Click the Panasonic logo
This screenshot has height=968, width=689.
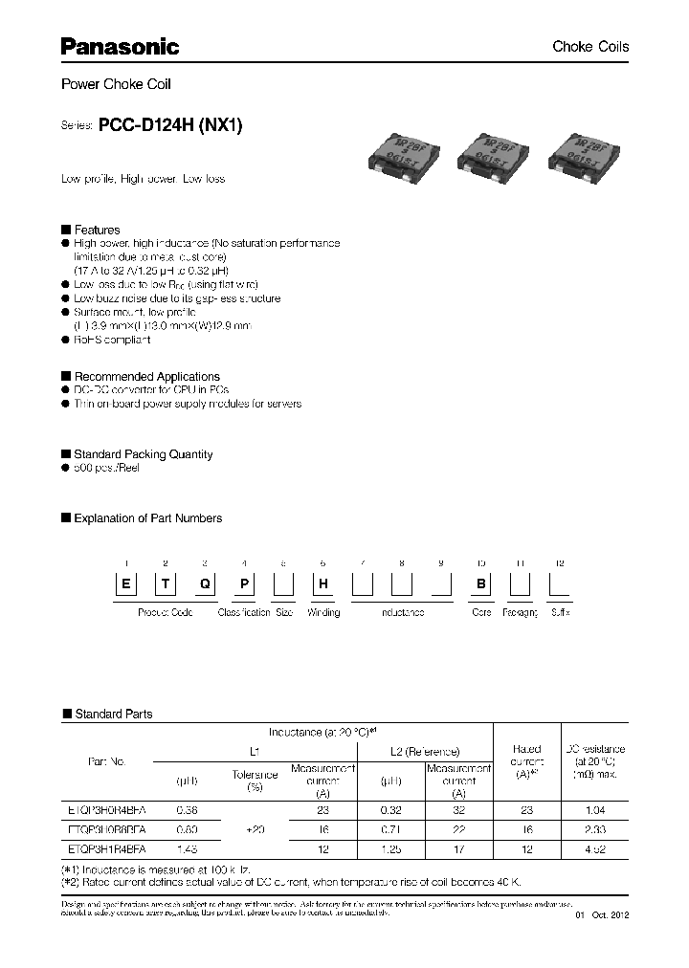(x=121, y=46)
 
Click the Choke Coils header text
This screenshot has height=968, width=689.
(x=590, y=47)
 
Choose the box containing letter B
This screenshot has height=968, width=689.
(x=481, y=586)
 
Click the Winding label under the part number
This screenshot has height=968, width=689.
(x=322, y=612)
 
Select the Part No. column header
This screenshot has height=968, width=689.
(x=106, y=761)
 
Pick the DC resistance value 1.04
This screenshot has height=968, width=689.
(x=593, y=810)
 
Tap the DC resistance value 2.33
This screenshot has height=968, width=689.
(x=593, y=829)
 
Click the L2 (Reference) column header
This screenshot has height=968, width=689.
(x=420, y=752)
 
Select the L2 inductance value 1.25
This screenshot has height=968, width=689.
(x=390, y=849)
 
